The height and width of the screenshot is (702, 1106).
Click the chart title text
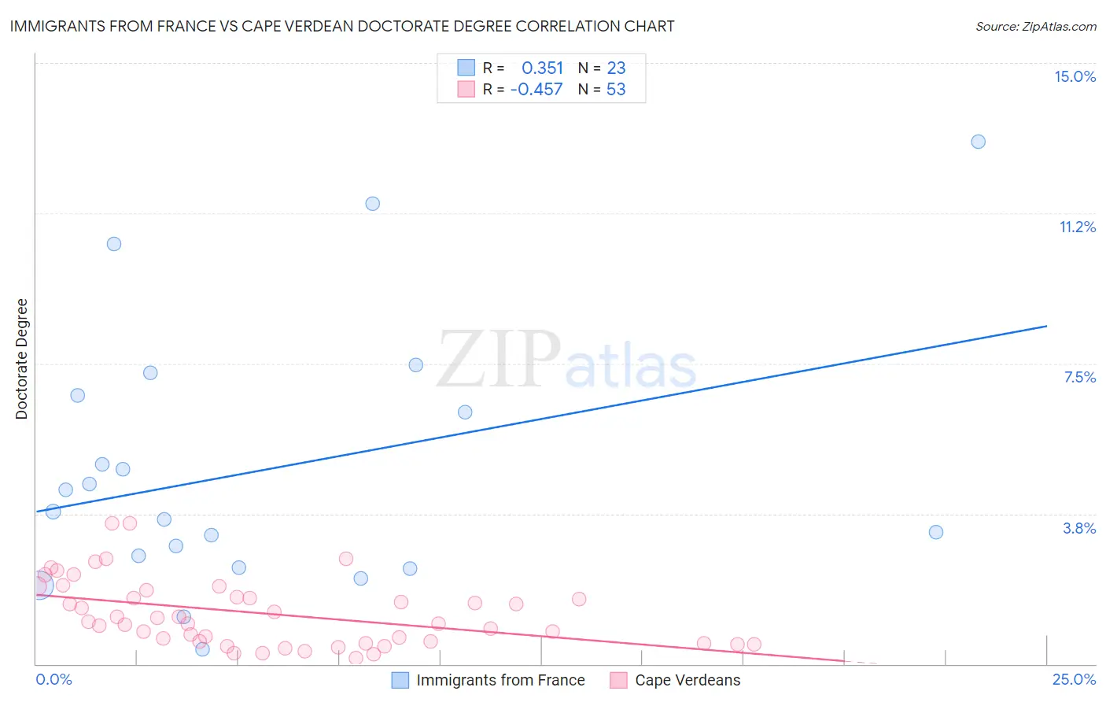342,26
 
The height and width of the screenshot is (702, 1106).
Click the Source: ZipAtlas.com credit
1035,26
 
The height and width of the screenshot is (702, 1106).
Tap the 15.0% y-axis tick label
1075,76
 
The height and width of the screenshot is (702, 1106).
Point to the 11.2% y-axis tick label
1077,227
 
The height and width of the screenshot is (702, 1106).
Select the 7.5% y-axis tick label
1079,377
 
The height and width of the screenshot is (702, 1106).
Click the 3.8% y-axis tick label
1079,528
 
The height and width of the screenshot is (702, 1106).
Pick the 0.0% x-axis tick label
54,679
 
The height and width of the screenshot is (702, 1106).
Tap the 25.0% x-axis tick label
1074,679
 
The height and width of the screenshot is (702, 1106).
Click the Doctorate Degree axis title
21,359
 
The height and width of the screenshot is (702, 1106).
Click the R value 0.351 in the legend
542,68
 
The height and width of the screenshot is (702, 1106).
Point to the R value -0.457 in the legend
536,89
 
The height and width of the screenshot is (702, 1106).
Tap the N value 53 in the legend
616,89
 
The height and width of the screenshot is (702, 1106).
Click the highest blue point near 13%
978,142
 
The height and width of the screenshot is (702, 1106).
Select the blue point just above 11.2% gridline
373,204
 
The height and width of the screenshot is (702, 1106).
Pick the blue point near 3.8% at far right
935,532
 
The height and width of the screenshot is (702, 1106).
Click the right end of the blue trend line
1046,326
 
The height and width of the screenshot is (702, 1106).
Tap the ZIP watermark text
499,360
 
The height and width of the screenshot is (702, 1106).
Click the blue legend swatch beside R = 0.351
466,68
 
